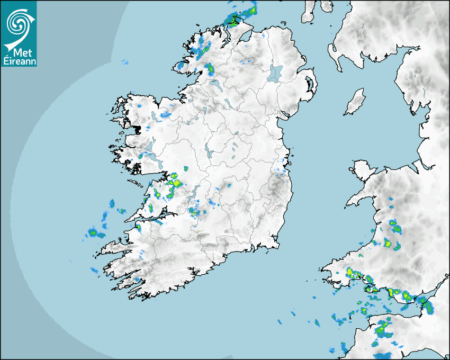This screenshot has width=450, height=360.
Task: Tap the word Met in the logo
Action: (x=19, y=52)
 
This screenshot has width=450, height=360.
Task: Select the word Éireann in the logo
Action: (x=18, y=61)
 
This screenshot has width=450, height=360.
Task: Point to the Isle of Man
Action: (x=355, y=102)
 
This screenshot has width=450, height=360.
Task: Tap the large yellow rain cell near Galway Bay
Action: (x=175, y=183)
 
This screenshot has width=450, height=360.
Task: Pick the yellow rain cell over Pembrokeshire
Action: (x=350, y=273)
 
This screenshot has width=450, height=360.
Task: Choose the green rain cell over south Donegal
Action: (x=210, y=68)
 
